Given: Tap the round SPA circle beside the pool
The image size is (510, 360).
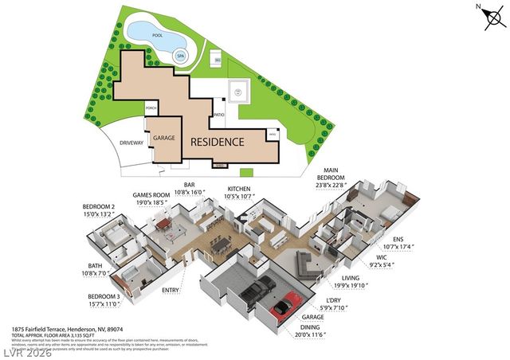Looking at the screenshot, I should tap(181, 56).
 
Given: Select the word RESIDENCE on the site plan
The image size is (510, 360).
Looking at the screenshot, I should tap(216, 142).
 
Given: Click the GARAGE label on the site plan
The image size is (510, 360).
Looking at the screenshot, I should tap(164, 137).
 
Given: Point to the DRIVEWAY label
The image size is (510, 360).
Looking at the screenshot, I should tap(131, 143).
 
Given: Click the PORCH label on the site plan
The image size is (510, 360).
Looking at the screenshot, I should tap(150, 108).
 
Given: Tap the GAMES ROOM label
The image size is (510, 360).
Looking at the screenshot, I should tap(151, 195).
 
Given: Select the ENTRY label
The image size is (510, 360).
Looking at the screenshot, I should tap(171, 291).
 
